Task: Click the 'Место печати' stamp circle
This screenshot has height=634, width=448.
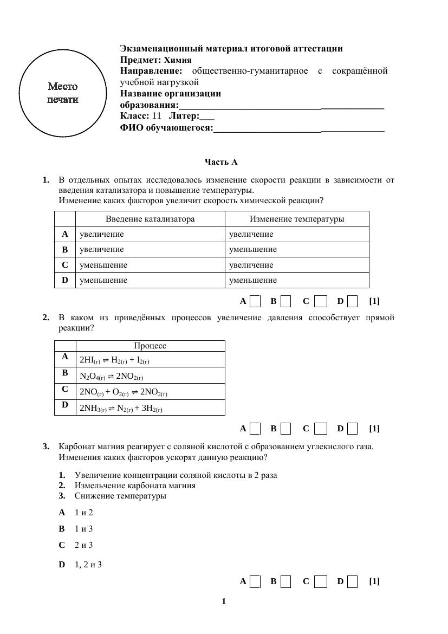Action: [x=63, y=92]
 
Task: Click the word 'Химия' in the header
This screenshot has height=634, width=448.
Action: [x=178, y=60]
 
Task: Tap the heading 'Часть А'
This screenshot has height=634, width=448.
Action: [x=220, y=162]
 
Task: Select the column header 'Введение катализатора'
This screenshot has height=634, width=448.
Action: [x=150, y=219]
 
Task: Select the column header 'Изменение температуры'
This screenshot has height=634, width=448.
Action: [x=296, y=219]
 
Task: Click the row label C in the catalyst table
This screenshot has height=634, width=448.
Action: [x=65, y=265]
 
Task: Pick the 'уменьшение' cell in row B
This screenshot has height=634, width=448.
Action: [x=252, y=250]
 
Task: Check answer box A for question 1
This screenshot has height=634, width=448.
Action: [x=255, y=301]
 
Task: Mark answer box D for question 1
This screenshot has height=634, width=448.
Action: [x=352, y=301]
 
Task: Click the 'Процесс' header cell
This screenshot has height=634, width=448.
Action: [x=150, y=346]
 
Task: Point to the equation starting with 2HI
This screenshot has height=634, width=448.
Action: [x=114, y=360]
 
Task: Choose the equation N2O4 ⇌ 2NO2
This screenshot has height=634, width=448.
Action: [x=111, y=376]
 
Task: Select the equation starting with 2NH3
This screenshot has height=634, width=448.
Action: [x=121, y=409]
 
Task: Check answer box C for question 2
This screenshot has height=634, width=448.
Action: [x=321, y=429]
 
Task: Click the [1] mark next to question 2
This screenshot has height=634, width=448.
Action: [x=374, y=429]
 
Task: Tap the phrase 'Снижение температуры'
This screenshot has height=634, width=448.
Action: [x=120, y=496]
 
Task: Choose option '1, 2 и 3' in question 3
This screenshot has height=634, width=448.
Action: [x=88, y=565]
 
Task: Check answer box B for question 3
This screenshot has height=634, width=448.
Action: [x=286, y=581]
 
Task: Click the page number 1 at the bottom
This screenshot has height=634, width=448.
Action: [x=224, y=601]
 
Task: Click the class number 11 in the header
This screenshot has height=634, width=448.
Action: [x=157, y=116]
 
